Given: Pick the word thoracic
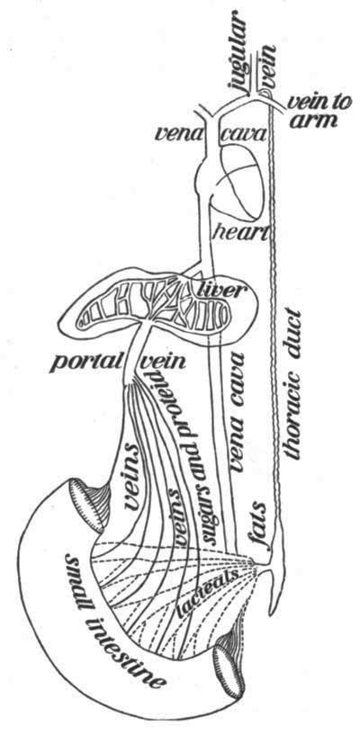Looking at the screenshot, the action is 292,418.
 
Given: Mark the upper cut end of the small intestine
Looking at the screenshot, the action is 85,506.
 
